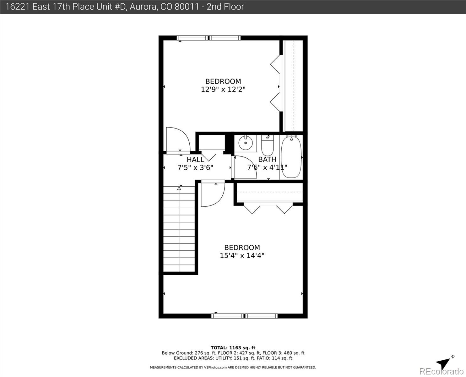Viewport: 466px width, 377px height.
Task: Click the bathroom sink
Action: point(245,144)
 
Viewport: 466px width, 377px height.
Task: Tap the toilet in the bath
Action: point(268,145)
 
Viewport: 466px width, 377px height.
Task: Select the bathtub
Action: point(291,157)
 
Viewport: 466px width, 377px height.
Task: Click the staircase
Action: point(179,229)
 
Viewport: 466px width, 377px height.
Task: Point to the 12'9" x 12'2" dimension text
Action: point(223,90)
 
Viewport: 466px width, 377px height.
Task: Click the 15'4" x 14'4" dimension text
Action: point(242,256)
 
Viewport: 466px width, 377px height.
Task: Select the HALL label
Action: point(195,160)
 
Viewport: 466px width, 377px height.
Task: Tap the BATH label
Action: point(267,160)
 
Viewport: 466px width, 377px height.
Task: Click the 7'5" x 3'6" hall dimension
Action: point(195,168)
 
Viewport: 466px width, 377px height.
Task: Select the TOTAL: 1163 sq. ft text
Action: point(233,348)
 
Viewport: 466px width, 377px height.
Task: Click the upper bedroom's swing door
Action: point(177,139)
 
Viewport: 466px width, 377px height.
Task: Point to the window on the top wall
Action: point(209,38)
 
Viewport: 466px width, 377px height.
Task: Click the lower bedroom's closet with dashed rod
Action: point(269,192)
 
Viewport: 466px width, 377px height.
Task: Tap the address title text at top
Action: point(125,7)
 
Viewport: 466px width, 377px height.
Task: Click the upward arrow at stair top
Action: point(179,188)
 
